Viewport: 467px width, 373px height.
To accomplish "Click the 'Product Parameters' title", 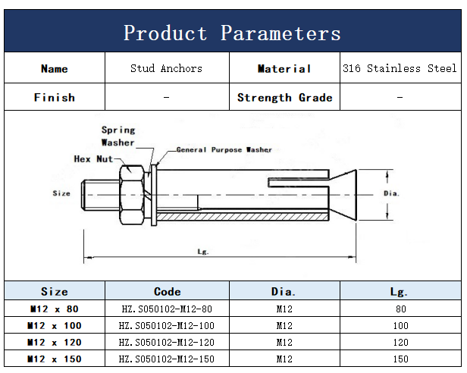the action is (x=232, y=33).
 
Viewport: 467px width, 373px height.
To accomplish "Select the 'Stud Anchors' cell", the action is (x=166, y=68).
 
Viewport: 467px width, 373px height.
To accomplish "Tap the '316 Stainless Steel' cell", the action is (x=400, y=68).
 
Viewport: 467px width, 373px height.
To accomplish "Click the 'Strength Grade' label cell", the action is (x=285, y=98).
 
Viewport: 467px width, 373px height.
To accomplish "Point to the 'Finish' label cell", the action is (x=55, y=98).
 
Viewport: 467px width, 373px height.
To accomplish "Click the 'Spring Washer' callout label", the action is (x=118, y=136).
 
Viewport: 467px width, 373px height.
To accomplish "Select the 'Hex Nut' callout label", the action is (x=93, y=158).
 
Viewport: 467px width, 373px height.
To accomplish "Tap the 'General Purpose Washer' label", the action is (x=224, y=149).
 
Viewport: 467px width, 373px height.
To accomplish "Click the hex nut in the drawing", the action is (x=132, y=196).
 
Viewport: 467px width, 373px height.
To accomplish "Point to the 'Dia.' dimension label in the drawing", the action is (x=391, y=193).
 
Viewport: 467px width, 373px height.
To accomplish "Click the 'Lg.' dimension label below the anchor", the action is (x=203, y=252).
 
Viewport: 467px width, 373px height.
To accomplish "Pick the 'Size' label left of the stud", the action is (x=61, y=193).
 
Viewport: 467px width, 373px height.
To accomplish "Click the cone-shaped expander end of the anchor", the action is (x=343, y=195).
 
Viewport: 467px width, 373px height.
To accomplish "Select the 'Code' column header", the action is (x=167, y=291).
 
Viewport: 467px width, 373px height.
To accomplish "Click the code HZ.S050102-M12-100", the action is (x=167, y=326).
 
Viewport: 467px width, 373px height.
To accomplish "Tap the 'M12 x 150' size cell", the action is (x=55, y=359).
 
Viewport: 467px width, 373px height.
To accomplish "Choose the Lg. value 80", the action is (x=401, y=309).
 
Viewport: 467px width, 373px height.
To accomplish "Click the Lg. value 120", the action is (x=400, y=343).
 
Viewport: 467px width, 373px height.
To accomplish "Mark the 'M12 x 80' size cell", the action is (x=55, y=309).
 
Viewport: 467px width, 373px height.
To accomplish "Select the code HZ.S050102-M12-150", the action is (x=167, y=359).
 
